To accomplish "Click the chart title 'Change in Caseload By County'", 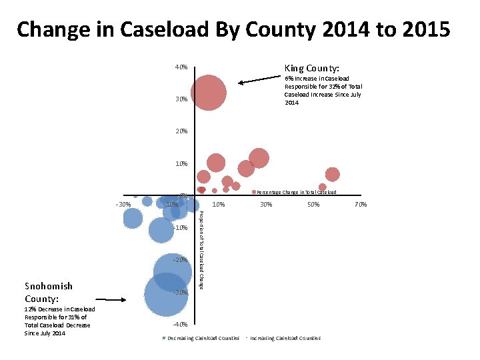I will (233, 29).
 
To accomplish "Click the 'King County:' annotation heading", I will (311, 68).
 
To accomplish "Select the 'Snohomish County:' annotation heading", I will (49, 292).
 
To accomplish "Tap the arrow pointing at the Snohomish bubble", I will (111, 300).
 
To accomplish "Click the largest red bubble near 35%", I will (209, 91).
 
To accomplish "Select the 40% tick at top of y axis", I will (181, 67).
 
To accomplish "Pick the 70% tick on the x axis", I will (360, 204).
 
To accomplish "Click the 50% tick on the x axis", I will (313, 204).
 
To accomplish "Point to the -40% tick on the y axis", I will (180, 324).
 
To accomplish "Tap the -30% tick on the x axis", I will (123, 204).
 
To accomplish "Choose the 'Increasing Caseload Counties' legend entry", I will (285, 338).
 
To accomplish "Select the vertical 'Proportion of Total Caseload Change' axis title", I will (201, 249).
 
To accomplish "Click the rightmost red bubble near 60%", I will (332, 175).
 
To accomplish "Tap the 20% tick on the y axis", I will (181, 131).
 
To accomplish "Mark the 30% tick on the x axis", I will (265, 204).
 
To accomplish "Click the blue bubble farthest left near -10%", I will (133, 217).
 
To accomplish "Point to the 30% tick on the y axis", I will (181, 99).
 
